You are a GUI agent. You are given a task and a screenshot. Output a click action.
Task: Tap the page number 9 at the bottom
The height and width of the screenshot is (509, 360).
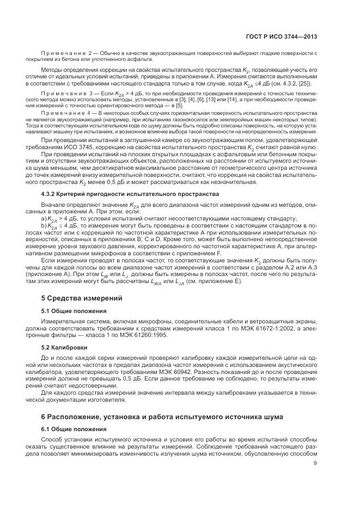click(x=315, y=463)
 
